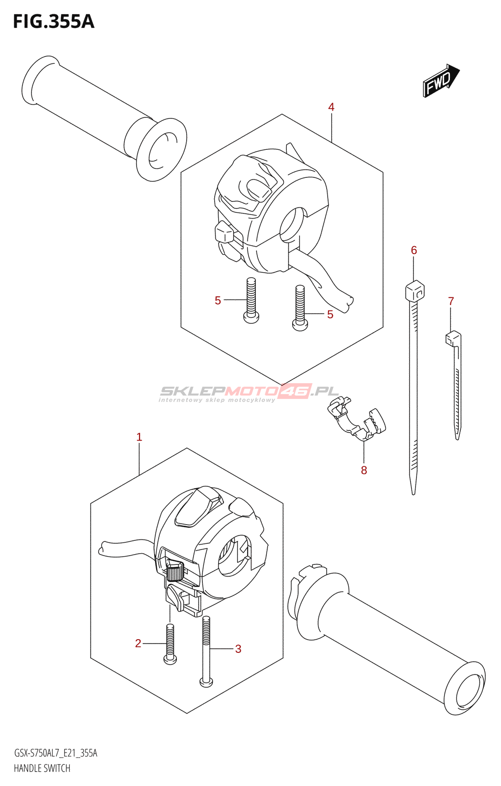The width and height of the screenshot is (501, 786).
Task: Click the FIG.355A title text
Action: pyautogui.click(x=53, y=22)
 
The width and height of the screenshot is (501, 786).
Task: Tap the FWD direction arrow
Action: pyautogui.click(x=440, y=80)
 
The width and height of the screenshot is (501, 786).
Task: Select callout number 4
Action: pyautogui.click(x=332, y=107)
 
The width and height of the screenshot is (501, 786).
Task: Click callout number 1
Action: pyautogui.click(x=139, y=437)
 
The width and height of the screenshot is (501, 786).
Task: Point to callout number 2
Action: pyautogui.click(x=138, y=643)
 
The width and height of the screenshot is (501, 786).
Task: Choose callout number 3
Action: pyautogui.click(x=238, y=648)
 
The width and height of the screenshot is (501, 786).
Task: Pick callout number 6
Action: pyautogui.click(x=414, y=251)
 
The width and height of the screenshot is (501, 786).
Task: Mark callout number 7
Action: pyautogui.click(x=451, y=301)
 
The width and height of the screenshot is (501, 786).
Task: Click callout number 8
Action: pyautogui.click(x=364, y=470)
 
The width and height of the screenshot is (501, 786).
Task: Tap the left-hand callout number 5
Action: pyautogui.click(x=218, y=300)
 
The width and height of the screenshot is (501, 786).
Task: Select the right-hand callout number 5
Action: pyautogui.click(x=330, y=314)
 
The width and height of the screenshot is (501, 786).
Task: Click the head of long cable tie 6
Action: pyautogui.click(x=415, y=291)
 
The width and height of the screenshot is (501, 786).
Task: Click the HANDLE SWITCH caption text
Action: pyautogui.click(x=42, y=768)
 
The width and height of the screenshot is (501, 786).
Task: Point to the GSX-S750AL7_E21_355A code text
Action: pyautogui.click(x=56, y=753)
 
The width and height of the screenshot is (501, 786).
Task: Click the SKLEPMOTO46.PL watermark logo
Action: pyautogui.click(x=249, y=392)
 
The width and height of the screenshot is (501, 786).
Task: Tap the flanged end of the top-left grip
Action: pyautogui.click(x=161, y=149)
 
